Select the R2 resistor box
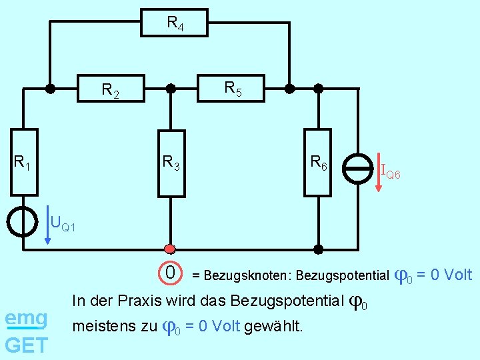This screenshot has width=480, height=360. pos(111,87)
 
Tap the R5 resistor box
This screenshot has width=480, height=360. pos(231,87)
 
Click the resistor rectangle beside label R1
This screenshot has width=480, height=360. pos(24,163)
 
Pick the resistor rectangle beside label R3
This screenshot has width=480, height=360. pos(171,163)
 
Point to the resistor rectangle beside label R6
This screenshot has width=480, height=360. pos(317,163)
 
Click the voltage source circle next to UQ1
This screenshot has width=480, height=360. pos(24,221)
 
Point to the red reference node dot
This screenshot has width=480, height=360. pos(170,249)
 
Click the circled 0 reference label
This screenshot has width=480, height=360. pos(171,273)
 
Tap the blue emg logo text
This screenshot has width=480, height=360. pos(26,319)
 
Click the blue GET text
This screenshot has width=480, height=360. pos(26,345)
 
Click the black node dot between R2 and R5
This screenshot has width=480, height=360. pos(171,87)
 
